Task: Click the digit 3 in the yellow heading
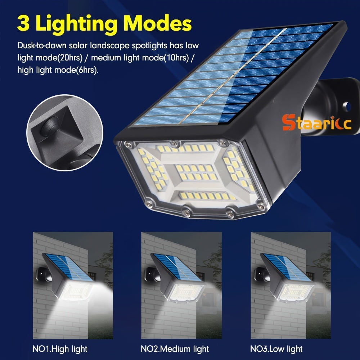tap(23, 23)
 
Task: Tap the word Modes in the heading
tap(158, 23)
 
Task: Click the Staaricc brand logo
tap(316, 122)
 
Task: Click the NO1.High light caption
tap(60, 349)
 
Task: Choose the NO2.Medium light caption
tap(175, 349)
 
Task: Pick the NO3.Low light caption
tap(276, 349)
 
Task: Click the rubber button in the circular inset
tap(50, 126)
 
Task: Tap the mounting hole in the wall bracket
tap(347, 107)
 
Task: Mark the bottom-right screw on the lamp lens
tap(261, 206)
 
